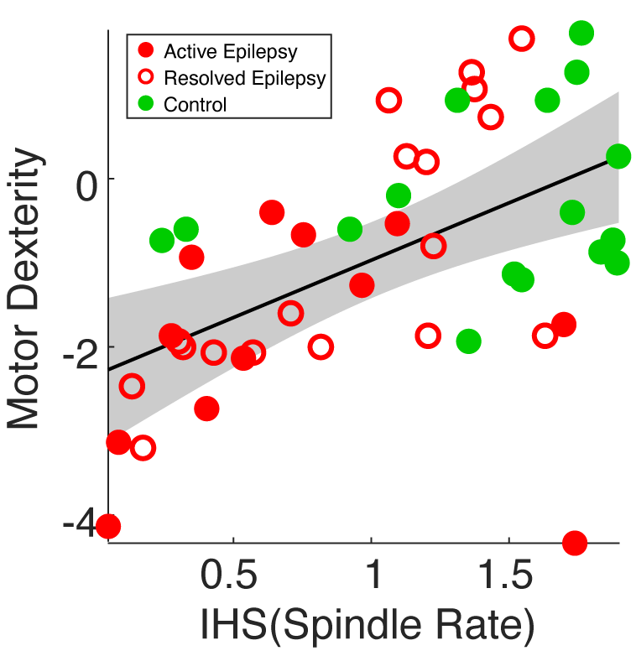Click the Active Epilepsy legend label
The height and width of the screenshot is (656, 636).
(x=230, y=51)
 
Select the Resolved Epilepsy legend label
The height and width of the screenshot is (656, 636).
(x=244, y=78)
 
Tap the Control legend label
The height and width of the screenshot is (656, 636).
(x=195, y=105)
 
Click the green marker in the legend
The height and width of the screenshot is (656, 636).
(x=147, y=105)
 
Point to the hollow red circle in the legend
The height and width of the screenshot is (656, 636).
(x=147, y=78)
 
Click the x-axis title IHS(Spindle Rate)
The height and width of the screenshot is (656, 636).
(x=368, y=625)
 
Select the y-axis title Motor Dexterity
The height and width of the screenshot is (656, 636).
(x=23, y=289)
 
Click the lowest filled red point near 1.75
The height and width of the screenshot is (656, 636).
(x=575, y=543)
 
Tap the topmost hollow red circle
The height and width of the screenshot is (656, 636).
(x=521, y=38)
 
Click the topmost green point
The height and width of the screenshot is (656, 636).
(x=581, y=34)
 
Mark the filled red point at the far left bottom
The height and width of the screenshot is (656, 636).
(x=107, y=527)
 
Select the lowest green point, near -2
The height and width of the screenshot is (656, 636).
(x=468, y=341)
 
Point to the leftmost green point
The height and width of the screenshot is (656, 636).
(x=162, y=241)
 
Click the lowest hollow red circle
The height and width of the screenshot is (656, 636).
(x=143, y=447)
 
